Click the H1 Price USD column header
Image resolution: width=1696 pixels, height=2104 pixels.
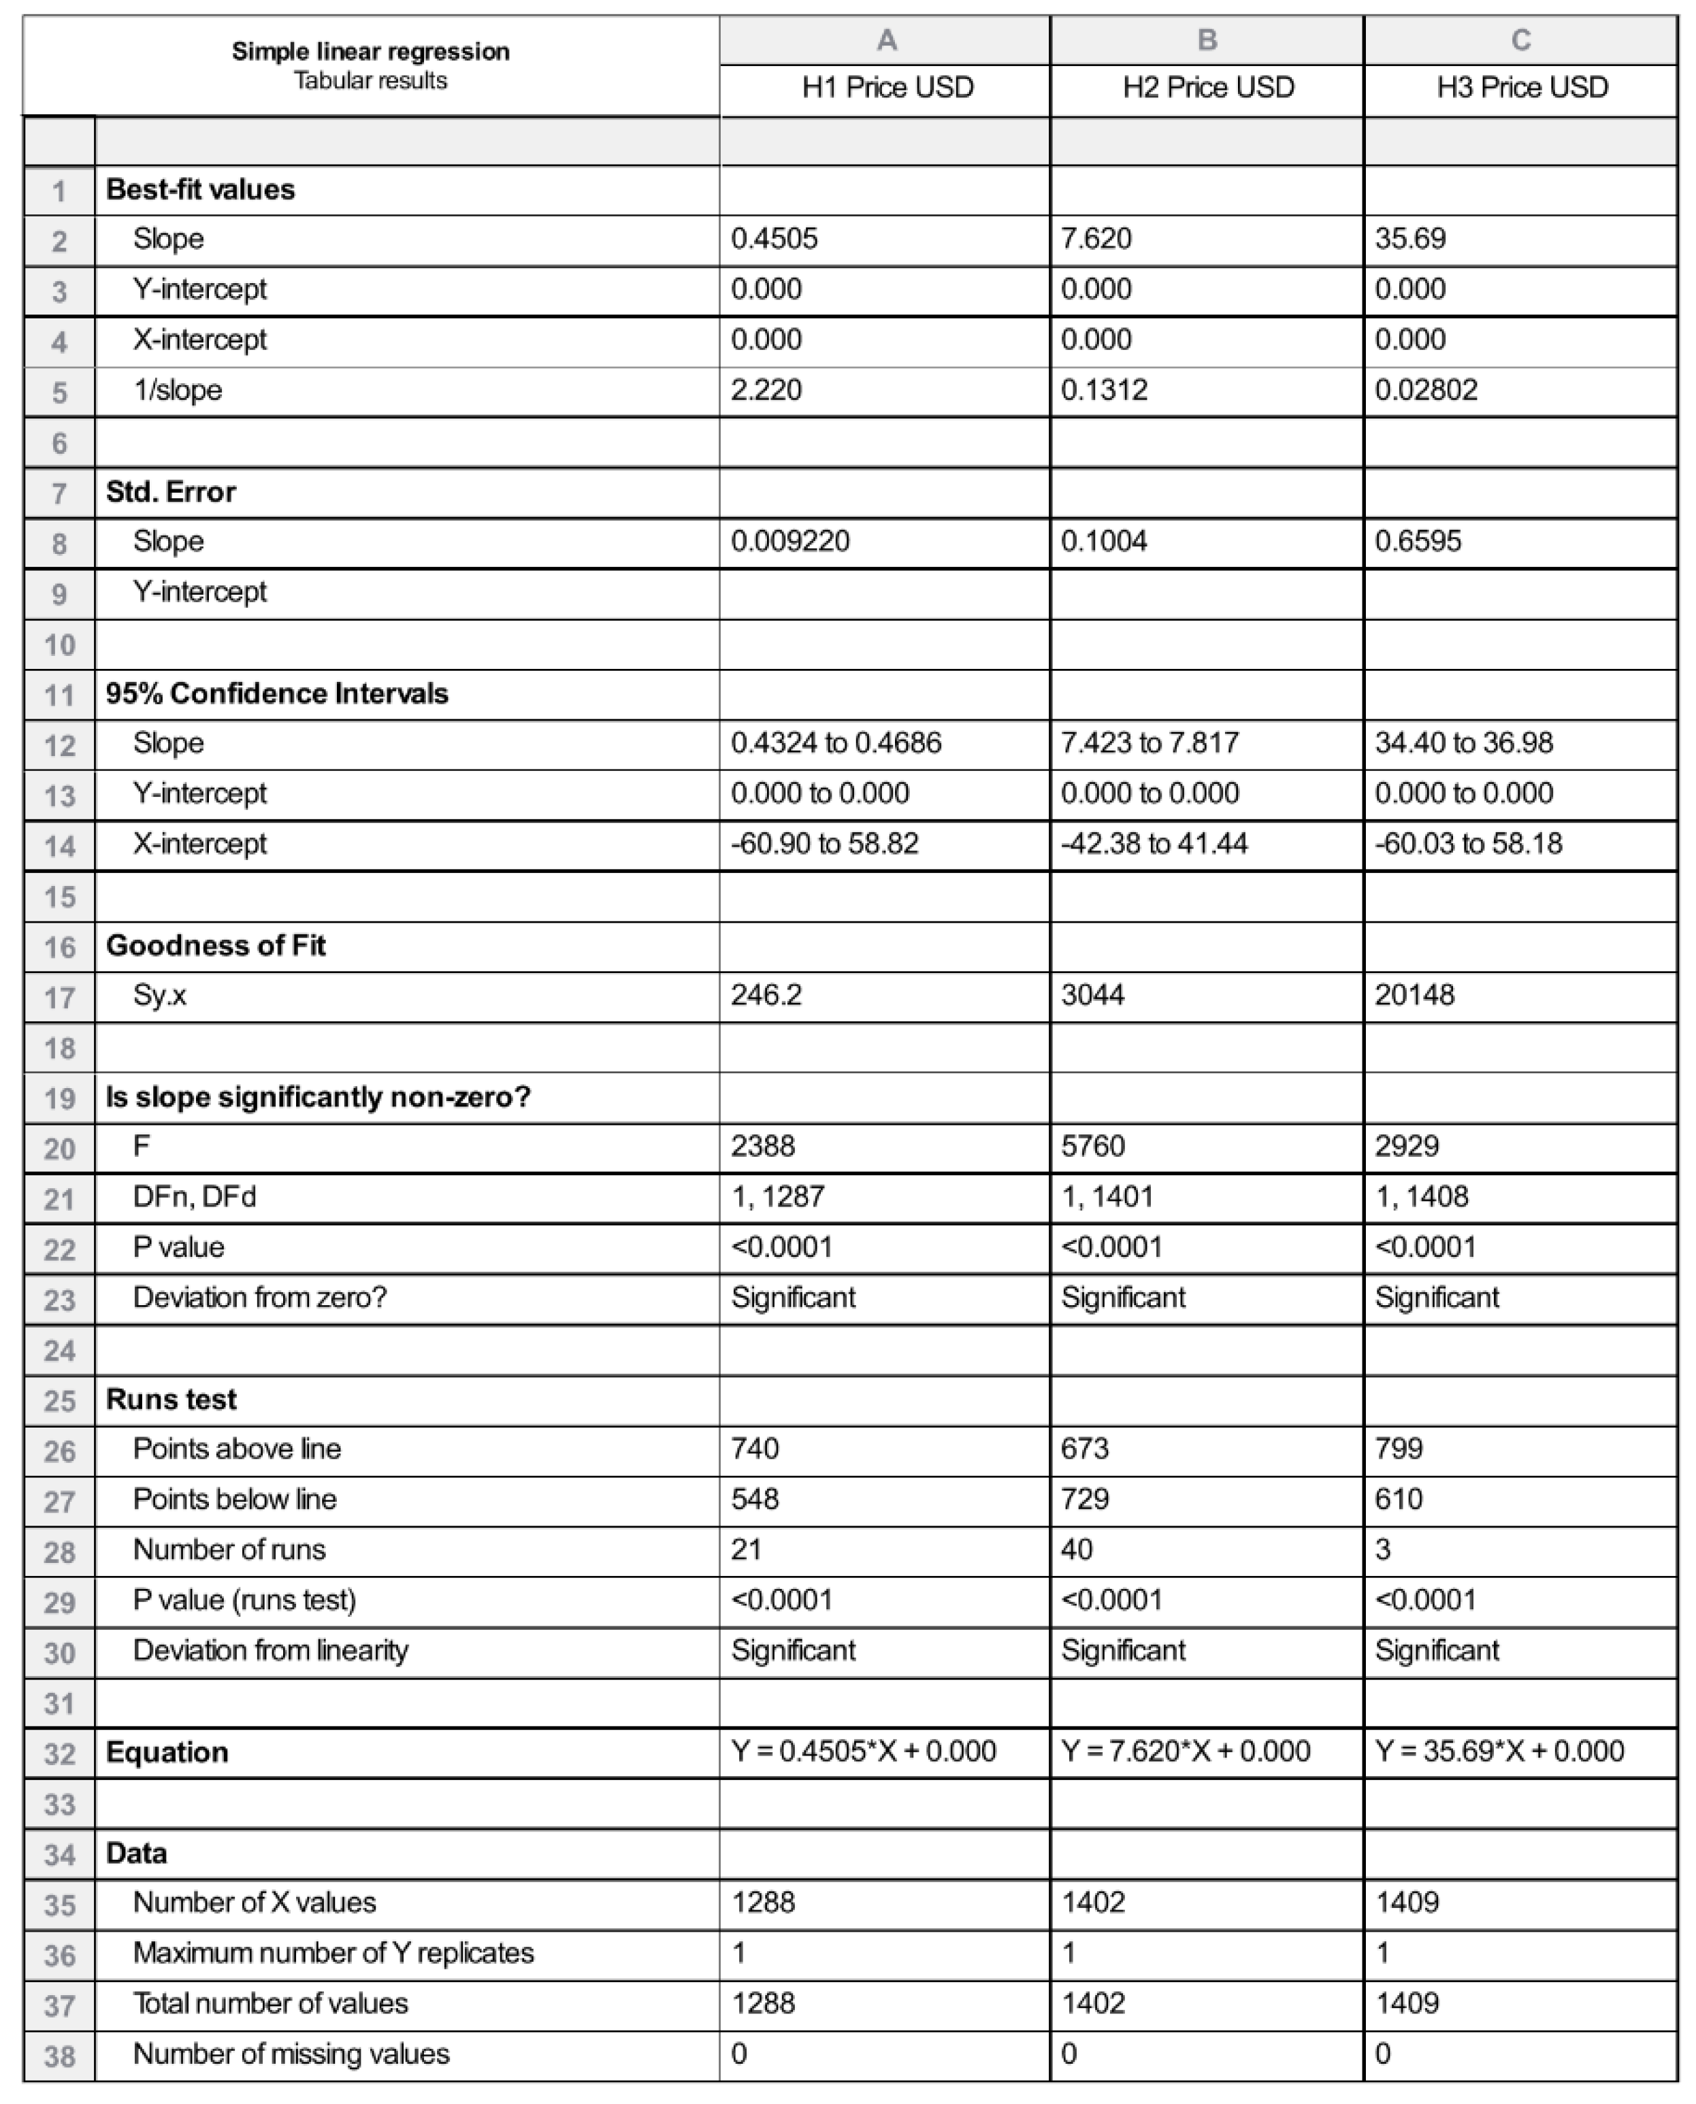pyautogui.click(x=887, y=88)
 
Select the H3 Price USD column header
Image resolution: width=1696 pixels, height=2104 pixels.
pyautogui.click(x=1521, y=88)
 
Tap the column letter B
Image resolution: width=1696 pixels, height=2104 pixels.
pyautogui.click(x=1207, y=40)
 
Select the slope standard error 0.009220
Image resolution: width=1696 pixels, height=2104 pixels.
pyautogui.click(x=789, y=541)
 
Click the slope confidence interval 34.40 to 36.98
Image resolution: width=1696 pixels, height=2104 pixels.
pyautogui.click(x=1463, y=743)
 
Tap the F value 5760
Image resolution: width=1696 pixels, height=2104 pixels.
pyautogui.click(x=1092, y=1146)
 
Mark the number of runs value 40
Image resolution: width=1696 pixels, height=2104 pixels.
pyautogui.click(x=1077, y=1549)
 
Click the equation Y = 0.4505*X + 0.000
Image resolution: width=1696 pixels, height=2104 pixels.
pyautogui.click(x=864, y=1752)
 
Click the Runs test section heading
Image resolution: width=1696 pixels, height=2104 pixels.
pyautogui.click(x=171, y=1400)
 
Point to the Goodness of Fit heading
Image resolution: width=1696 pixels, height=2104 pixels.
pyautogui.click(x=216, y=946)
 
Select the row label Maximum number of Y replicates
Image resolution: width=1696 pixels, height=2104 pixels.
pyautogui.click(x=333, y=1953)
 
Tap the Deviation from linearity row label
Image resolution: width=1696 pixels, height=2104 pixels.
pyautogui.click(x=271, y=1651)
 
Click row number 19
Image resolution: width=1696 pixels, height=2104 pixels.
pyautogui.click(x=60, y=1099)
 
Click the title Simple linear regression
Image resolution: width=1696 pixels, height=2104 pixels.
pyautogui.click(x=370, y=52)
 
